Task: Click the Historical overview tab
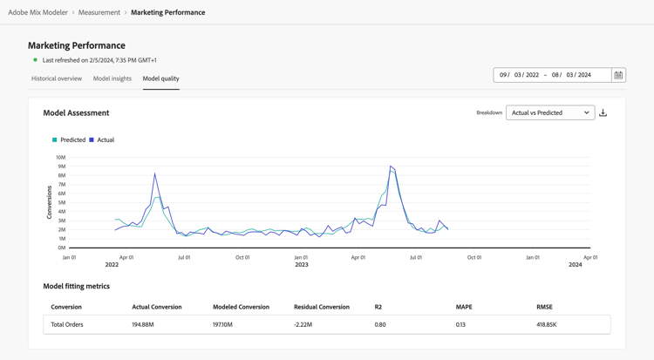point(57,78)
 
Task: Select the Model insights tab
point(112,78)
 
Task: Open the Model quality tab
point(161,78)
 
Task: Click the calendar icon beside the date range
point(618,75)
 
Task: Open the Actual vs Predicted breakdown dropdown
point(550,112)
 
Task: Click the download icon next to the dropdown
point(603,112)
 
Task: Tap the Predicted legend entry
point(69,139)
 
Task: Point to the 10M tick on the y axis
point(61,158)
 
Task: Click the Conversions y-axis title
point(50,202)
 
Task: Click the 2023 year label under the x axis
point(301,264)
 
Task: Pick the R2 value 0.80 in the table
point(380,324)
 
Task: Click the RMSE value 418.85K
point(548,324)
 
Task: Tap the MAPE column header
point(464,307)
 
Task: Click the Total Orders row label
point(67,324)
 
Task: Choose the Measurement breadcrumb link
point(99,12)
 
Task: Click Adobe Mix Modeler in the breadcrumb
point(37,12)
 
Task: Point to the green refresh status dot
point(35,60)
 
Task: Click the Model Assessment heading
point(76,112)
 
